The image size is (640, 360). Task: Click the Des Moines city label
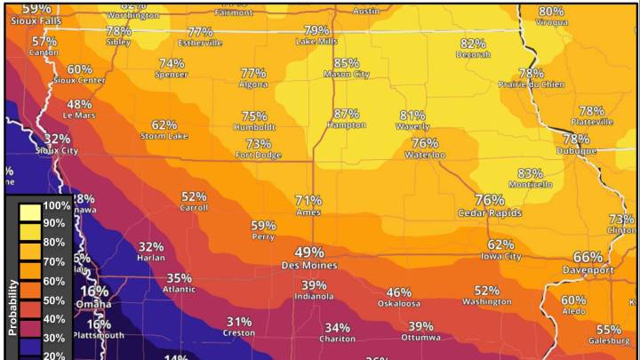[x=308, y=266]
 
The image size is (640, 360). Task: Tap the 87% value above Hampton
[x=347, y=114]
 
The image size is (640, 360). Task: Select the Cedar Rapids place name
[x=489, y=213]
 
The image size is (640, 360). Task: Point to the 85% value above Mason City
[x=347, y=63]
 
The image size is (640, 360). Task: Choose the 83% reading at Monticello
[x=530, y=173]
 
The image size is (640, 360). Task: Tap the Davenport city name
[x=588, y=269]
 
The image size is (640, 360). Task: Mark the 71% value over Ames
[x=308, y=200]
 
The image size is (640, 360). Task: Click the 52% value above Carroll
[x=194, y=196]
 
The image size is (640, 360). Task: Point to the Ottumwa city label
[x=420, y=338]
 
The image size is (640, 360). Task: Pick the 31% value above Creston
[x=239, y=322]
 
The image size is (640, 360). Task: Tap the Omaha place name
[x=93, y=303]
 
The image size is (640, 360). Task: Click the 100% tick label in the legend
[x=56, y=205]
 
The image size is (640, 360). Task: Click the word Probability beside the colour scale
[x=13, y=307]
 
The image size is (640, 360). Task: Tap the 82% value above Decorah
[x=473, y=43]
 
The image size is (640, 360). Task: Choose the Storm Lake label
[x=164, y=136]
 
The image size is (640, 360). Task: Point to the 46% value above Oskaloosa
[x=398, y=292]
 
